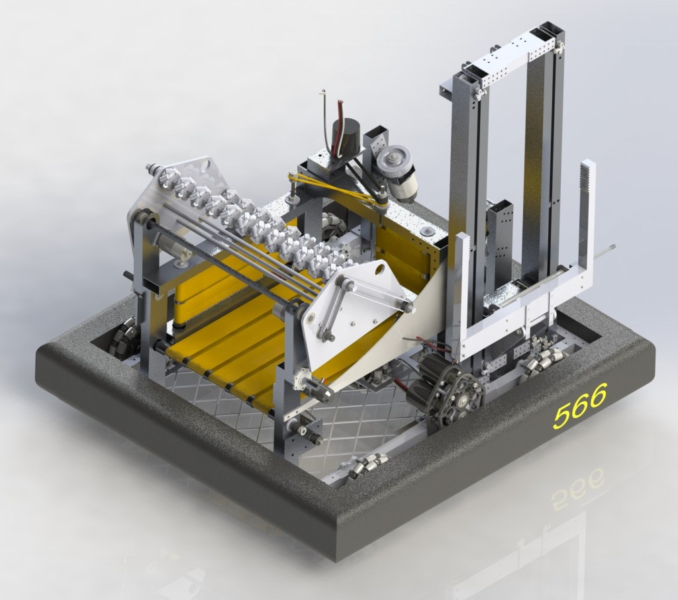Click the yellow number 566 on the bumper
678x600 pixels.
(x=581, y=406)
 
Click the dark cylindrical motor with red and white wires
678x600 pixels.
(x=346, y=136)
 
